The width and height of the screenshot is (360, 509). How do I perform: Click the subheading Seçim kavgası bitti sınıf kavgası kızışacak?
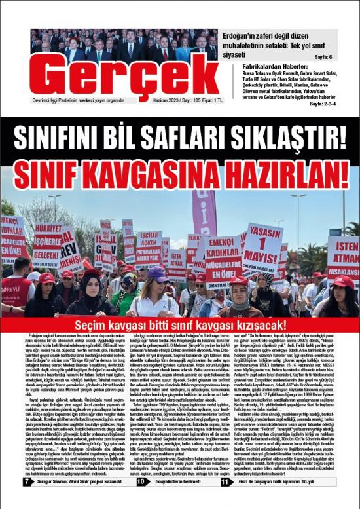(x=180, y=325)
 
